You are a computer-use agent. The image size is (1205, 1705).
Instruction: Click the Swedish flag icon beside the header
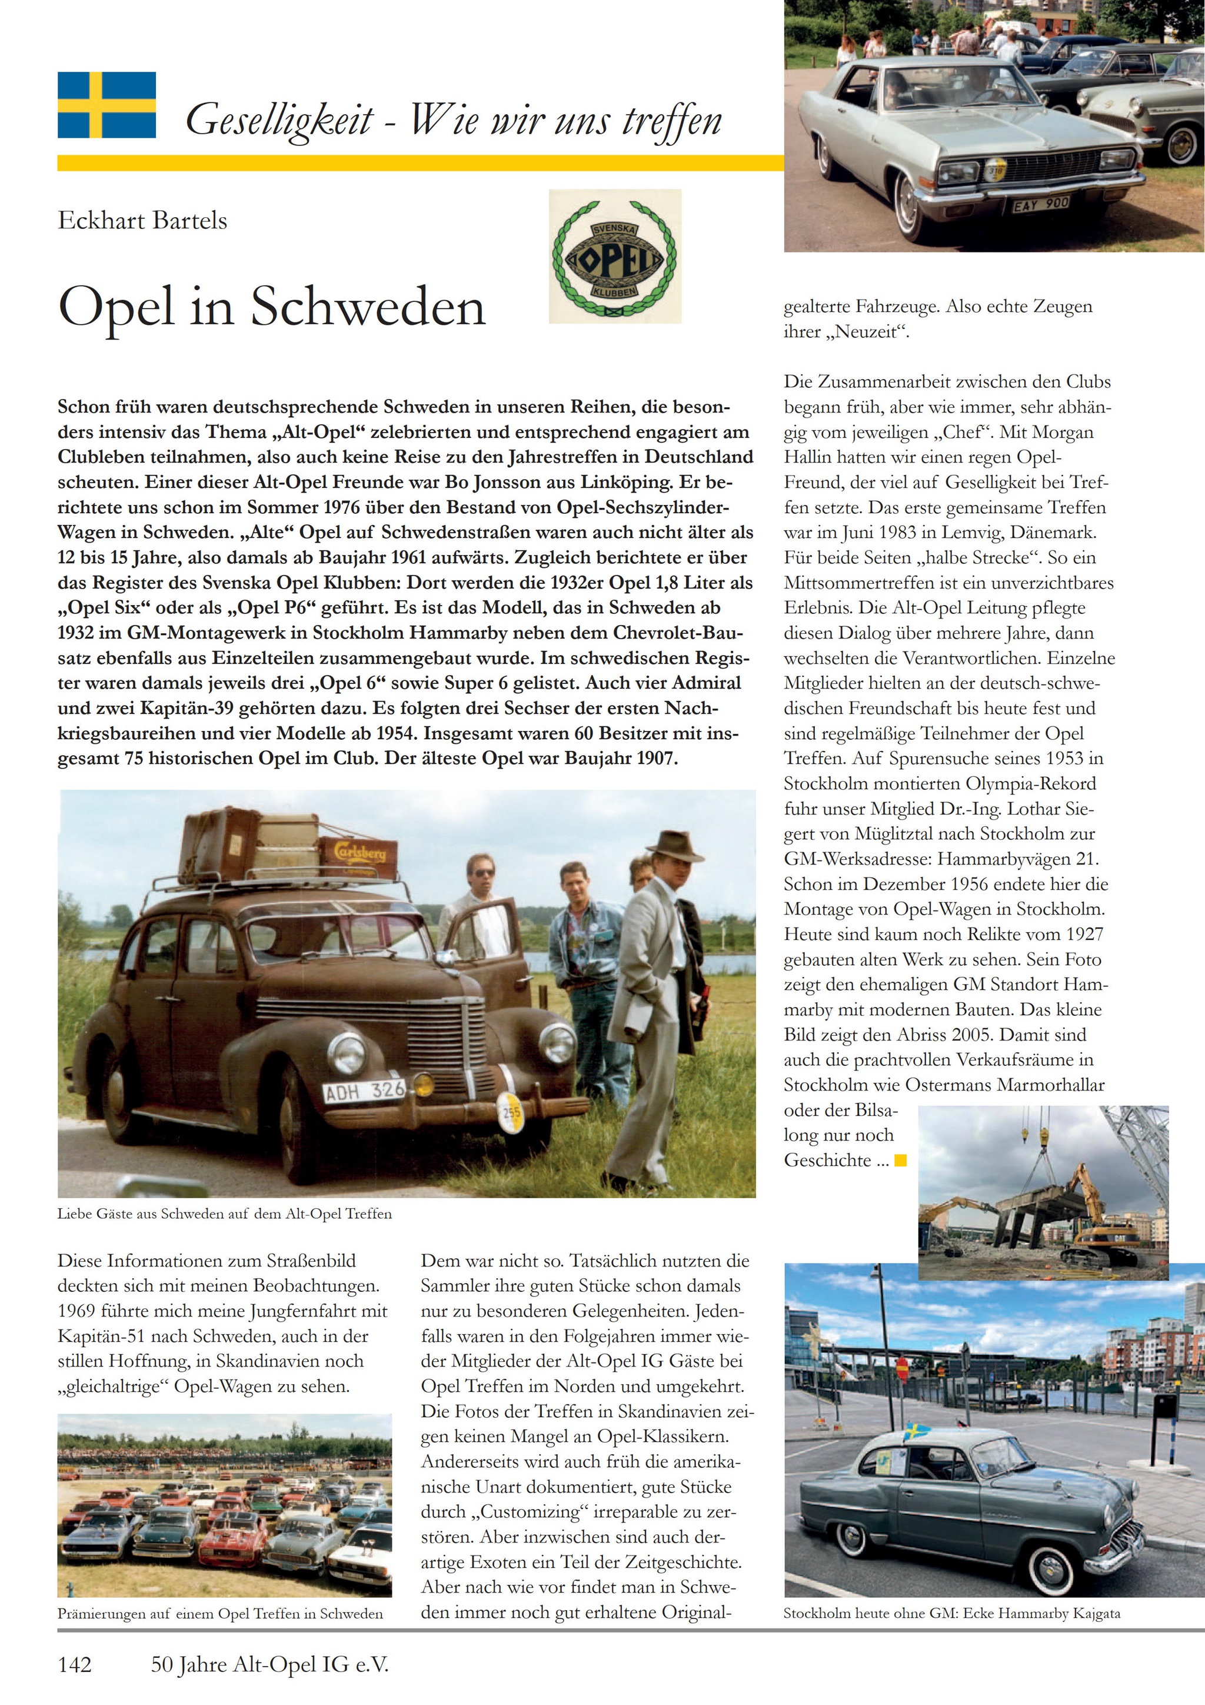pos(107,105)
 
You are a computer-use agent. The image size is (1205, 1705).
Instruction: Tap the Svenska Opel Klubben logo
pos(615,256)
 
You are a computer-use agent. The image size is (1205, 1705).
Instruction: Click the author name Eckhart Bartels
pos(142,221)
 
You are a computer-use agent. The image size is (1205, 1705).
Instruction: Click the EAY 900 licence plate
pos(1041,202)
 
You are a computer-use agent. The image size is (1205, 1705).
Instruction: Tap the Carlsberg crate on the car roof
pos(358,856)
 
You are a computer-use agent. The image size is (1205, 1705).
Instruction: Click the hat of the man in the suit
pos(674,846)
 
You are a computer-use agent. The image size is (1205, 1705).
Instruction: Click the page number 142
pos(75,1665)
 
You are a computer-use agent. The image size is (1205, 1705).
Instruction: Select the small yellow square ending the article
pos(901,1160)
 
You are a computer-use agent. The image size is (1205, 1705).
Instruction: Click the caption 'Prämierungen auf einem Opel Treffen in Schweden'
pos(220,1613)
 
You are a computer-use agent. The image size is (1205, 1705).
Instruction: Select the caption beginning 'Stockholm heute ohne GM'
pos(952,1613)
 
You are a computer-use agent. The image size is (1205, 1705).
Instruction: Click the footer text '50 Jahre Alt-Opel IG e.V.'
pos(269,1665)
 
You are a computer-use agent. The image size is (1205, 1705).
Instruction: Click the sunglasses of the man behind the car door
pos(482,873)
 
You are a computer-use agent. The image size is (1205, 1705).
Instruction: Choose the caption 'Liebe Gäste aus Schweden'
pos(224,1214)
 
